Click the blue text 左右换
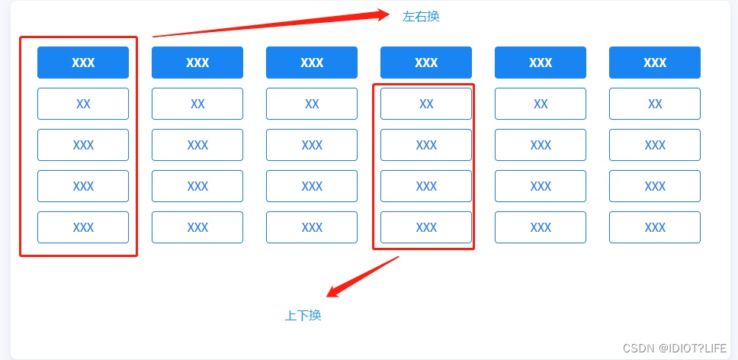point(421,16)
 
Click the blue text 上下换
point(303,315)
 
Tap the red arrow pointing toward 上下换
point(362,276)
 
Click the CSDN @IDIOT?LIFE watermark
point(675,348)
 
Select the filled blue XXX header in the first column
point(83,63)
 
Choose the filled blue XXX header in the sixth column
point(655,63)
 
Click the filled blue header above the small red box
point(426,63)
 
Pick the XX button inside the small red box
point(426,104)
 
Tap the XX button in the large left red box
point(83,104)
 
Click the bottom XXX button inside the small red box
point(426,227)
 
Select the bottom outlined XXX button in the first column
point(83,227)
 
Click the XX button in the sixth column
point(655,104)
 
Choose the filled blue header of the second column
point(197,63)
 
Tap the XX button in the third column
point(312,104)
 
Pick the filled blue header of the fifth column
point(541,63)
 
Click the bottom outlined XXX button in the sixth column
point(655,227)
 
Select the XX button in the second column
point(197,104)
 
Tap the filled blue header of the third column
point(312,63)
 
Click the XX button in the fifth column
point(541,104)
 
